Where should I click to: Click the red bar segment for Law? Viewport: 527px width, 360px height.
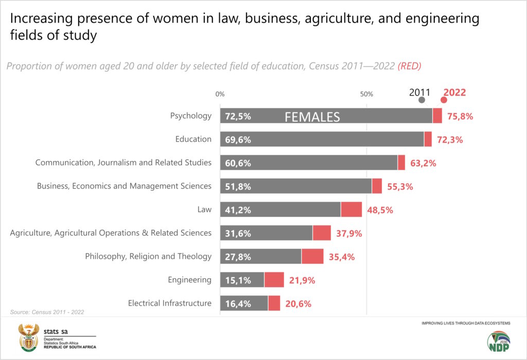click(351, 210)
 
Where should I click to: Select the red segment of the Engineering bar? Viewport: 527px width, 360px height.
click(274, 280)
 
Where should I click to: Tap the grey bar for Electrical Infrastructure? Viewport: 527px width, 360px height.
click(244, 303)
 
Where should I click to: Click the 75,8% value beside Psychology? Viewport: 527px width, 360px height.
click(460, 116)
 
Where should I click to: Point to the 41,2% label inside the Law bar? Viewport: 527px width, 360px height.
click(238, 210)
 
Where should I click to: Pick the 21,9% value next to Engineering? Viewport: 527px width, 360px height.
click(302, 280)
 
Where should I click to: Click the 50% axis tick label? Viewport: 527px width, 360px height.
click(366, 94)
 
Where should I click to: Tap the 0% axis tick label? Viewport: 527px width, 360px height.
click(220, 94)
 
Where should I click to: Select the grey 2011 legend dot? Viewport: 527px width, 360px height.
click(421, 100)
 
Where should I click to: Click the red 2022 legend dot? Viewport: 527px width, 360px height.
click(444, 100)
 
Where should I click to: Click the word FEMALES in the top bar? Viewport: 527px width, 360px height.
click(312, 117)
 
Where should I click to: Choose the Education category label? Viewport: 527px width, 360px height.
click(194, 139)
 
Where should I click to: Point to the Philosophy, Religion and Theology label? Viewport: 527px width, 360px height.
click(148, 256)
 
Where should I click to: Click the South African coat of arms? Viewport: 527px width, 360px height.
click(29, 337)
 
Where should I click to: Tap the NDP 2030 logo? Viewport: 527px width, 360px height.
click(499, 341)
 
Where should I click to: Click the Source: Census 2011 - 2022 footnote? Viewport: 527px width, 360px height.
click(47, 312)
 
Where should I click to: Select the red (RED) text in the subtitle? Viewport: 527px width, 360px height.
click(409, 66)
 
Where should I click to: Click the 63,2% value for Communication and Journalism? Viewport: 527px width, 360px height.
click(423, 163)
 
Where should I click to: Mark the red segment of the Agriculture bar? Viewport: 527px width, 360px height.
click(322, 233)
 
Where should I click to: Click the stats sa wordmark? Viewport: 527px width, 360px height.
click(56, 331)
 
